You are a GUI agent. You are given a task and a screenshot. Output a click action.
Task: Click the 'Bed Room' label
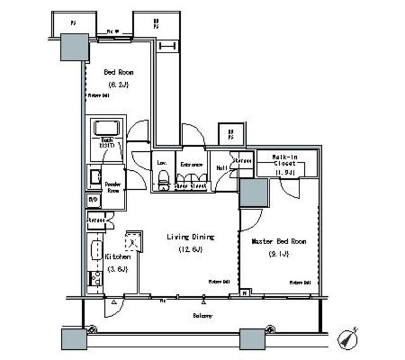point(118,72)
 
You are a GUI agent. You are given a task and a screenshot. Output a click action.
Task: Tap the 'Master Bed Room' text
point(279,242)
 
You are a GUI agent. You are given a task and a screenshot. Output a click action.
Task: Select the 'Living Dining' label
point(190,237)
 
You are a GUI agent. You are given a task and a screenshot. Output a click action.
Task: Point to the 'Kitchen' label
point(117,257)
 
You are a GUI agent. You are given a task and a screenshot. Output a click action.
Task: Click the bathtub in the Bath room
point(110,128)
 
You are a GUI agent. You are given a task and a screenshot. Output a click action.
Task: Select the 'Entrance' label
point(191,164)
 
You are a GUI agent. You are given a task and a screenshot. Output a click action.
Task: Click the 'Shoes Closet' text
point(191,186)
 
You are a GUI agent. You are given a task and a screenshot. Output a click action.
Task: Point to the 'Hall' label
point(222,168)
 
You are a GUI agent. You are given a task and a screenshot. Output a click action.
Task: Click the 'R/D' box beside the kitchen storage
point(92,201)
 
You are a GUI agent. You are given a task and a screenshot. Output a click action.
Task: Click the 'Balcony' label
point(202,315)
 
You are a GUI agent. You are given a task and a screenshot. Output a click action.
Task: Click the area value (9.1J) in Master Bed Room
point(279,254)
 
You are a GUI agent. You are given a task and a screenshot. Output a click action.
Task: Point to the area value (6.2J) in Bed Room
point(118,84)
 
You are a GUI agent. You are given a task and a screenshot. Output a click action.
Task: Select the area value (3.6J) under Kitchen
point(117,269)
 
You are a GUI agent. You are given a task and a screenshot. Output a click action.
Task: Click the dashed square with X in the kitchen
point(134,240)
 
